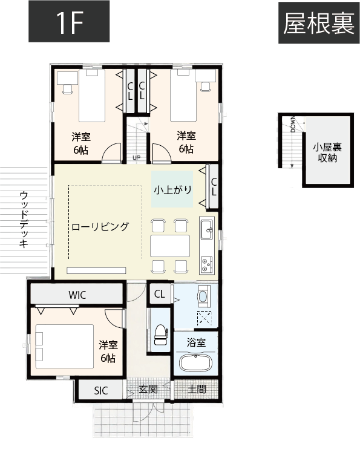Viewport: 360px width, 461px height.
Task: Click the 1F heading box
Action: coord(69,24)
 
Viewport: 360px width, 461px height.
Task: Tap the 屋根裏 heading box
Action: coord(318,24)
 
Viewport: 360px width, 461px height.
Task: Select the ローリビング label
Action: coord(100,227)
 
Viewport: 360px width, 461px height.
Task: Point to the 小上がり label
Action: coord(172,189)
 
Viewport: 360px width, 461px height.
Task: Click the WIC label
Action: coord(77,295)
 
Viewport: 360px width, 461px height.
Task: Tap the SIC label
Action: coord(100,390)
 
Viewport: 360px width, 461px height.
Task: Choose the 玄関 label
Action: coord(148,389)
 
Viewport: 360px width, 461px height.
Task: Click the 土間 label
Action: coord(197,389)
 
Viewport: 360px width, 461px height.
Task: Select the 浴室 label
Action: coord(197,343)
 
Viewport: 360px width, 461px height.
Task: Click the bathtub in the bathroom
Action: coord(195,364)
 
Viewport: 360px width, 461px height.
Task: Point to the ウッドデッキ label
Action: coord(24,220)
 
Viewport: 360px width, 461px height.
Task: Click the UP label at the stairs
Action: coord(137,159)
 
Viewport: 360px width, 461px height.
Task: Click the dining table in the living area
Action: coord(170,246)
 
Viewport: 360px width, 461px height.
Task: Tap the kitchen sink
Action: coord(206,228)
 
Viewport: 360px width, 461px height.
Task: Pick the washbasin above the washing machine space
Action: coord(203,296)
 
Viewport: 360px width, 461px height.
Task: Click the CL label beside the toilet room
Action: coord(160,295)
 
